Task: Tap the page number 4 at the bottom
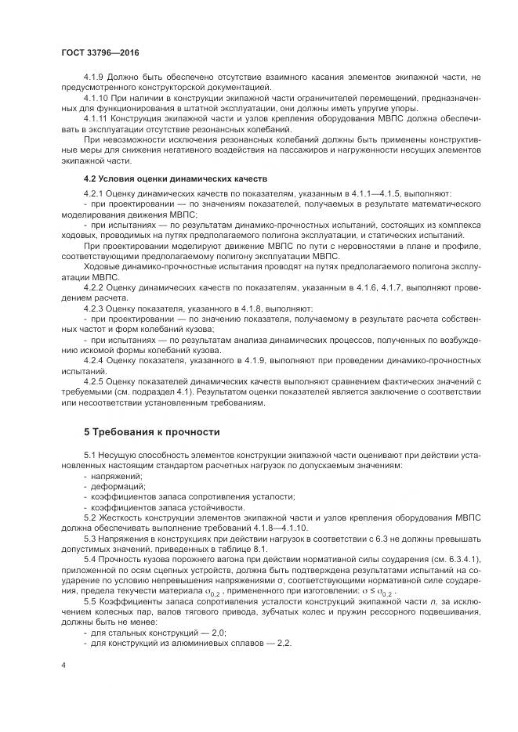[x=63, y=665]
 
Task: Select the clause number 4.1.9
[x=94, y=75]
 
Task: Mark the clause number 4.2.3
[x=94, y=309]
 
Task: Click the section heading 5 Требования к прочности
[x=152, y=432]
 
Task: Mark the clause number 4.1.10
[x=96, y=96]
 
